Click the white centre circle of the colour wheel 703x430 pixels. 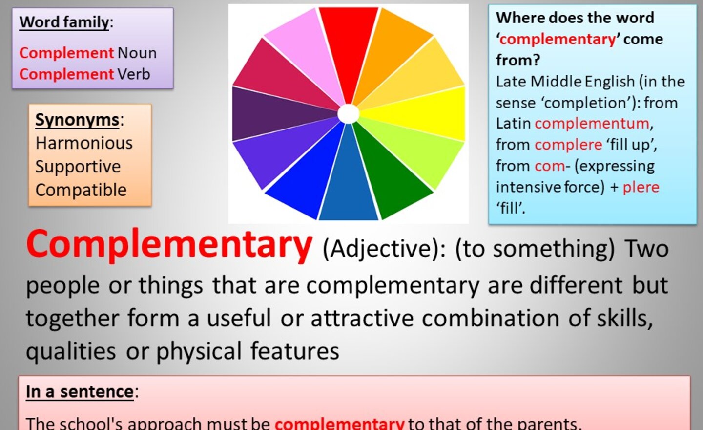tap(349, 114)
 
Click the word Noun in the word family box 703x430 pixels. tap(137, 53)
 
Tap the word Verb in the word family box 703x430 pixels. tap(134, 74)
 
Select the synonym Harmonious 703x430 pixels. tap(84, 143)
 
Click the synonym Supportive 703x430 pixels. tap(78, 167)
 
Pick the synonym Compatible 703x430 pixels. tap(81, 190)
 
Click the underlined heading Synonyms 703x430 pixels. tap(77, 120)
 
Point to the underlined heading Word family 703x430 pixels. tap(64, 22)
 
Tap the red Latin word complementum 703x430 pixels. tap(592, 124)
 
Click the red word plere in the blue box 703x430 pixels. tap(641, 188)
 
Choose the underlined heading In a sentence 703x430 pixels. tap(80, 392)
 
